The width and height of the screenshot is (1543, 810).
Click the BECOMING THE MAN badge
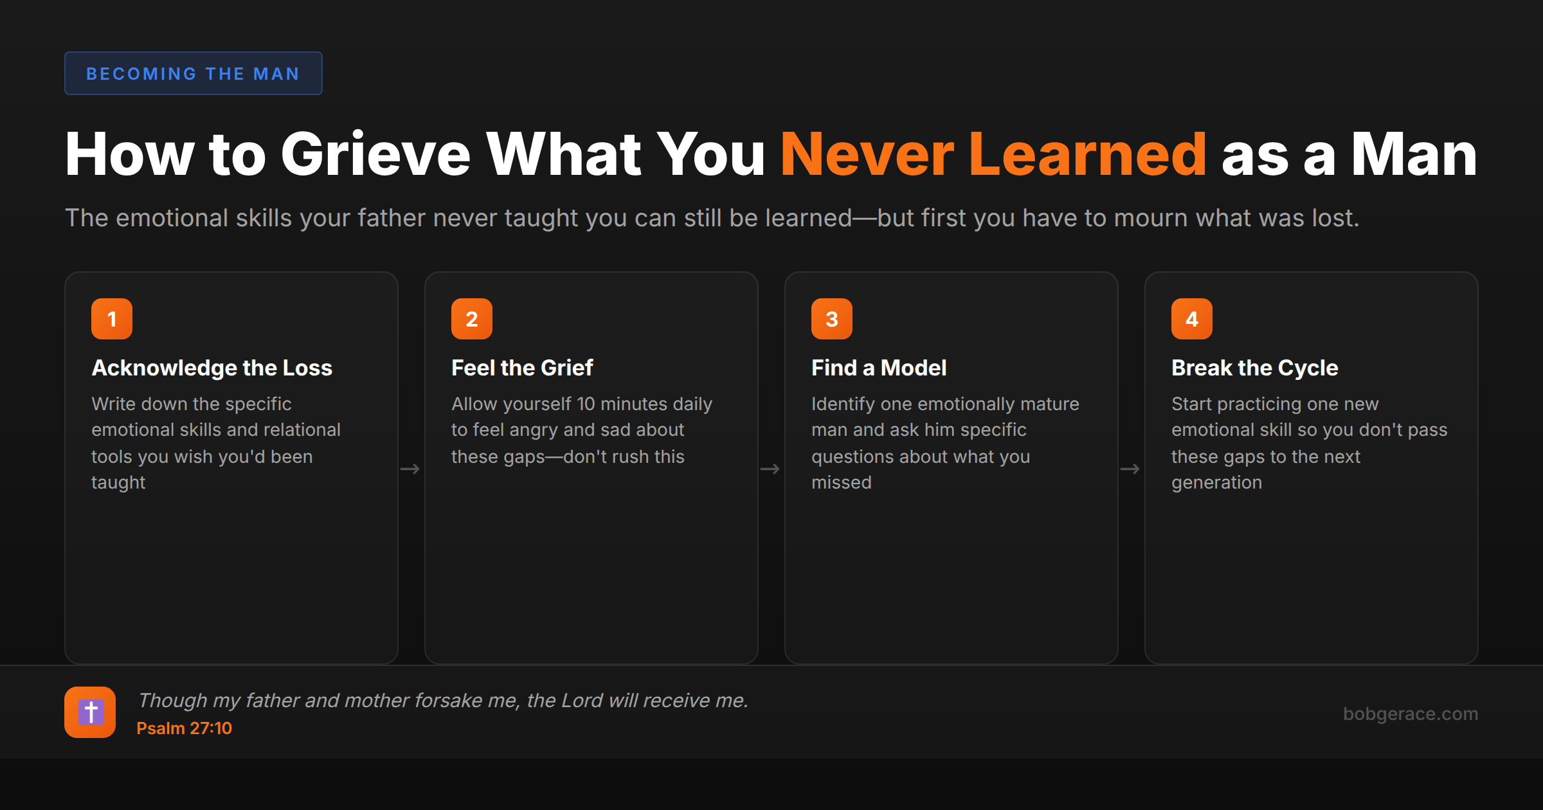pyautogui.click(x=193, y=73)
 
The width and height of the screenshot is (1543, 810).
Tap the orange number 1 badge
pyautogui.click(x=112, y=319)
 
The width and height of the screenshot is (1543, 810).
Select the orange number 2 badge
pyautogui.click(x=472, y=319)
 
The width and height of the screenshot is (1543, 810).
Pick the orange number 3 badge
pyautogui.click(x=832, y=319)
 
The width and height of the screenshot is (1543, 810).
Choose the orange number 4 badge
pyautogui.click(x=1192, y=319)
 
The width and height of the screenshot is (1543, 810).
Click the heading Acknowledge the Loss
pyautogui.click(x=212, y=368)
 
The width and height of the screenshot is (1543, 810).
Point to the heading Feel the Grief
pyautogui.click(x=522, y=368)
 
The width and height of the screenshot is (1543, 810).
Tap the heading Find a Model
pyautogui.click(x=879, y=368)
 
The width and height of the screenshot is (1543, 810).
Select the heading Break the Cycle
pyautogui.click(x=1254, y=368)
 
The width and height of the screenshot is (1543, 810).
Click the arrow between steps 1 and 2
pyautogui.click(x=410, y=469)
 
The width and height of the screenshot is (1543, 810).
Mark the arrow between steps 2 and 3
pyautogui.click(x=770, y=469)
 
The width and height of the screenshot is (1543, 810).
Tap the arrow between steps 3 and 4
pyautogui.click(x=1130, y=469)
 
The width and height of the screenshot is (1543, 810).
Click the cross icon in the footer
pyautogui.click(x=90, y=712)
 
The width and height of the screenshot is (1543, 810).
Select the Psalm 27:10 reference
pyautogui.click(x=184, y=728)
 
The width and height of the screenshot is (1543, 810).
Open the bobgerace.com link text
pyautogui.click(x=1411, y=714)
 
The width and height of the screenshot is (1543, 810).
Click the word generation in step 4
pyautogui.click(x=1216, y=483)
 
